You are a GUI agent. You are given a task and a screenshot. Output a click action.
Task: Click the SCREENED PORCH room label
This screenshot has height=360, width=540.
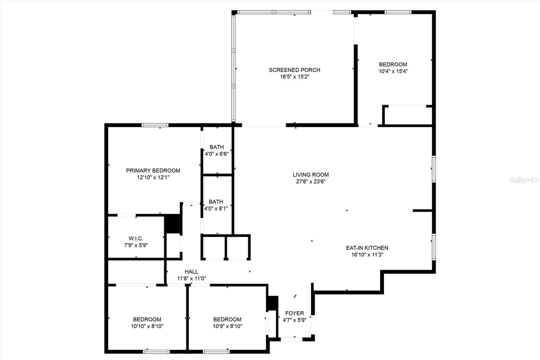(294, 70)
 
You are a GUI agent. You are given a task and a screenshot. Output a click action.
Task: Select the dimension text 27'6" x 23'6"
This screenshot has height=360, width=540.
(310, 182)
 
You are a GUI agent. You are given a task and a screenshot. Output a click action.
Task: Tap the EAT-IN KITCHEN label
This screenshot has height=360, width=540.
(367, 248)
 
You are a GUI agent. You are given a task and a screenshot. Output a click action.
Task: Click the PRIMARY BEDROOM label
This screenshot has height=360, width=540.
(153, 171)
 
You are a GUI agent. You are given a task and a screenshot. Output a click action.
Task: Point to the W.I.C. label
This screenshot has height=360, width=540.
(136, 238)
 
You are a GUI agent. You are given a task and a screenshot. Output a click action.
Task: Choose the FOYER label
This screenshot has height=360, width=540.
(294, 313)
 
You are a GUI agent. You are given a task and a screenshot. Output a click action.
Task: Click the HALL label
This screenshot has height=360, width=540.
(191, 272)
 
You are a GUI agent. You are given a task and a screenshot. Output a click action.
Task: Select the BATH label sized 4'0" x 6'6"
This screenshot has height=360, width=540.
(217, 147)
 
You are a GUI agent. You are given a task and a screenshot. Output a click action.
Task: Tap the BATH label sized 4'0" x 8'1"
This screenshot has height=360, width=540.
(216, 202)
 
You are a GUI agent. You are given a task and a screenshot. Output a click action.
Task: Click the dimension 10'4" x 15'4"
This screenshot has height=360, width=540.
(393, 71)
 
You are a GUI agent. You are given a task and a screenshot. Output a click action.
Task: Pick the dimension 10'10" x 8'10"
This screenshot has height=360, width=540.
(147, 326)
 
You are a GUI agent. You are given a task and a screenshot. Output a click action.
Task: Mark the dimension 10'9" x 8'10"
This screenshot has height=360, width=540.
(227, 326)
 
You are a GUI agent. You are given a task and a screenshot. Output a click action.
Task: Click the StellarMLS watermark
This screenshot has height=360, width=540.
(524, 180)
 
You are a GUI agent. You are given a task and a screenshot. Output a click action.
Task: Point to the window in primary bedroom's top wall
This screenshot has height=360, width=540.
(155, 125)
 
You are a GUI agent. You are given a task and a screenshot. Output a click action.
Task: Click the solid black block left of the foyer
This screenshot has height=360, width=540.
(272, 303)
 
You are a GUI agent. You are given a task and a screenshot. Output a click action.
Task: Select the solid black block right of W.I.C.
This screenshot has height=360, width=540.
(173, 224)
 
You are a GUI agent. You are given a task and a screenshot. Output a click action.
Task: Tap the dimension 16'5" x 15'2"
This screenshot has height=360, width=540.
(294, 77)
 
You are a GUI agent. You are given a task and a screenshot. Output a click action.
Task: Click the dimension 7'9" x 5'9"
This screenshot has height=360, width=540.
(136, 245)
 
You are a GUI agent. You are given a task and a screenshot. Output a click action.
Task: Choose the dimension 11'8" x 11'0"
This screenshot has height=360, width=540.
(191, 279)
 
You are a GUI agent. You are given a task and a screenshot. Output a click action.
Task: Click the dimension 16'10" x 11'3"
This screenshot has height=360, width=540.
(367, 255)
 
